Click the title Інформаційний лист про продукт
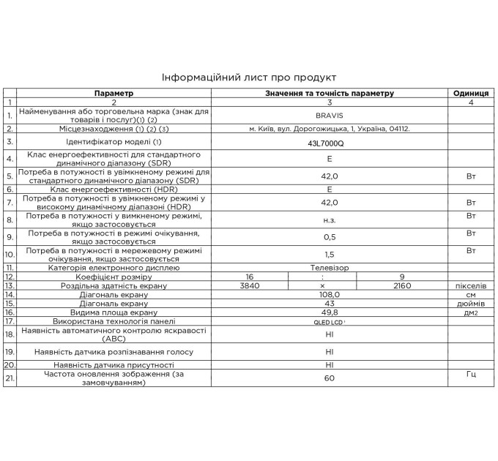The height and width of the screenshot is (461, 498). click(x=248, y=77)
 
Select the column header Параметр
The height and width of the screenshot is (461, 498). click(x=114, y=94)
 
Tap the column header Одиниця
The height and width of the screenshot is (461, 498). click(x=471, y=94)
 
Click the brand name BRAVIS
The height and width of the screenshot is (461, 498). click(x=330, y=116)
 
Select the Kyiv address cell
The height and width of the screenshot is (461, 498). click(x=329, y=129)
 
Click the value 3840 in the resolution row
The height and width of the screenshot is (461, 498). click(x=250, y=286)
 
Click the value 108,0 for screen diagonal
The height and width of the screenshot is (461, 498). click(x=330, y=294)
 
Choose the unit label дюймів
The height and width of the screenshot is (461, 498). click(x=471, y=303)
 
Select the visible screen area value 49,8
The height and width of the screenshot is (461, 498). click(x=330, y=312)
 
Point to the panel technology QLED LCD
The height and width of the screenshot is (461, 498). click(x=329, y=321)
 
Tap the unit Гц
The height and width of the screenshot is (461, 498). click(x=471, y=374)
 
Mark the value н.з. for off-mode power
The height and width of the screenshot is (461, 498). click(x=330, y=219)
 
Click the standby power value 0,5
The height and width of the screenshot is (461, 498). click(x=330, y=236)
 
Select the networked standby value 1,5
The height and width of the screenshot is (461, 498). click(x=330, y=254)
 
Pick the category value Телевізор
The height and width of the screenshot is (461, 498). click(x=329, y=268)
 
